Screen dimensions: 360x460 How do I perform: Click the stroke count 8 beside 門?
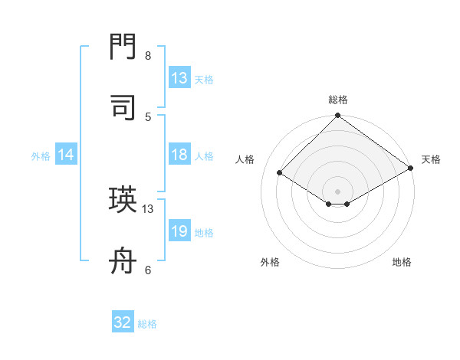(x=148, y=56)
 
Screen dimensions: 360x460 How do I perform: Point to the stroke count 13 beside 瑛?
(x=148, y=208)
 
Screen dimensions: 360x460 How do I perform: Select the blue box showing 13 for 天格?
(x=179, y=78)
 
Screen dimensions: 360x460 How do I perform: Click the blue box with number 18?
(x=179, y=155)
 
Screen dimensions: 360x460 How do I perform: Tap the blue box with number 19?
(x=179, y=231)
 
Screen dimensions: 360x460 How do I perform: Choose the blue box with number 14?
(x=66, y=155)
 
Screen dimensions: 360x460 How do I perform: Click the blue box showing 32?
(x=123, y=322)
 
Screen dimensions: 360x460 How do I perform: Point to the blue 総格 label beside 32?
(x=147, y=324)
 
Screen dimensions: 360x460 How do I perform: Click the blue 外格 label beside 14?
(x=41, y=155)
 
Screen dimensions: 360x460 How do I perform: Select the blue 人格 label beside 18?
(x=204, y=155)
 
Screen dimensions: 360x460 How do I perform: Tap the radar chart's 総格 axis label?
(x=338, y=100)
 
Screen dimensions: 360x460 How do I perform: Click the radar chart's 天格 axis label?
(x=431, y=159)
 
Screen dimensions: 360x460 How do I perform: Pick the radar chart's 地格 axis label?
(x=402, y=262)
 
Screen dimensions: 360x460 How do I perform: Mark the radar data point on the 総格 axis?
(x=338, y=116)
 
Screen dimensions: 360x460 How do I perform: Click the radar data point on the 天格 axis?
(x=411, y=169)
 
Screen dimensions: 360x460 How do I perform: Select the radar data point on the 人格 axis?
(x=280, y=173)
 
